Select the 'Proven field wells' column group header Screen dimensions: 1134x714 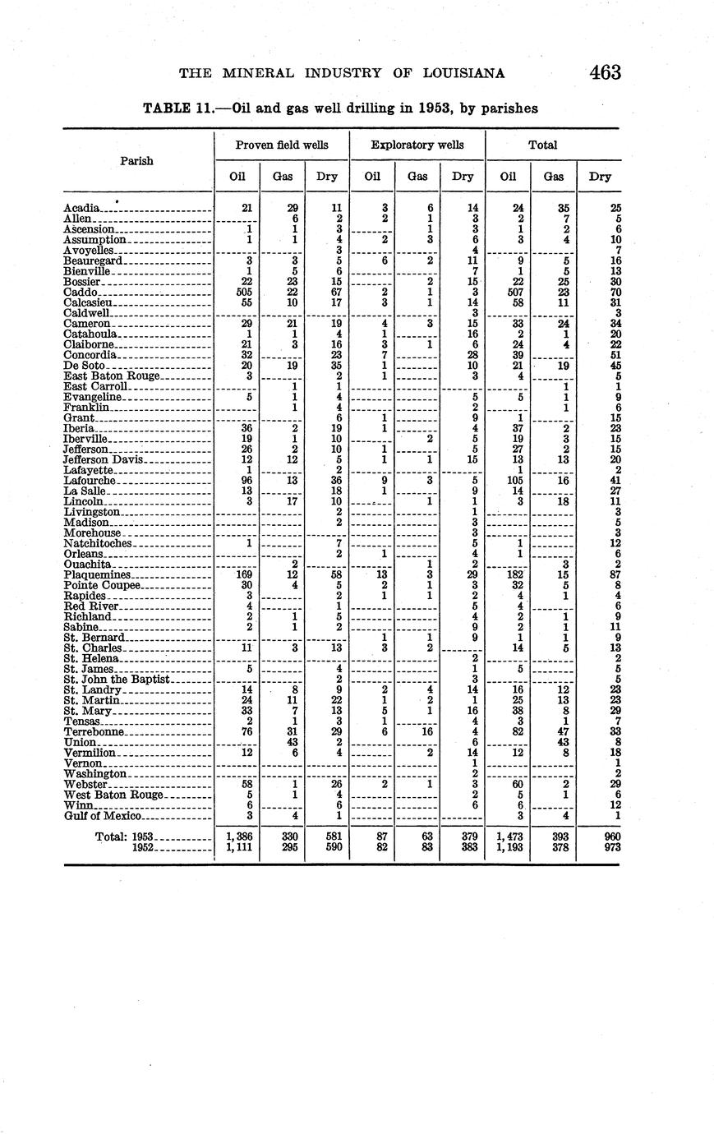pyautogui.click(x=282, y=145)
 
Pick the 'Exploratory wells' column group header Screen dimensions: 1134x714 pyautogui.click(x=417, y=145)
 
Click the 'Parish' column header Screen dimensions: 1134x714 pyautogui.click(x=136, y=161)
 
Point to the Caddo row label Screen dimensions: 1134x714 pyautogui.click(x=81, y=292)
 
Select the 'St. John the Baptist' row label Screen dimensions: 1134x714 pyautogui.click(x=116, y=679)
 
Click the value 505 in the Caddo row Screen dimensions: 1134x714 pyautogui.click(x=237, y=292)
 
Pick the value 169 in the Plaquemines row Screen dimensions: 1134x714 pyautogui.click(x=237, y=575)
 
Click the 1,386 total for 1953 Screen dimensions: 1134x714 pyautogui.click(x=237, y=837)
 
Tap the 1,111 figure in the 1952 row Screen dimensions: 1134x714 pyautogui.click(x=237, y=847)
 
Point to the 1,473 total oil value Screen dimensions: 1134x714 pyautogui.click(x=509, y=837)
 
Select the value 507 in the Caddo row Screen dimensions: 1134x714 pyautogui.click(x=509, y=292)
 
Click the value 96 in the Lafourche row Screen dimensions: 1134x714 pyautogui.click(x=237, y=480)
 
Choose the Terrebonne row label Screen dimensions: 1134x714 pyautogui.click(x=94, y=731)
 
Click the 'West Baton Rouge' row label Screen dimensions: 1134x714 pyautogui.click(x=113, y=795)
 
